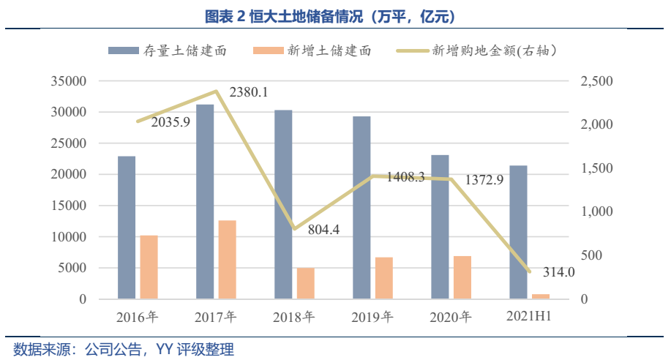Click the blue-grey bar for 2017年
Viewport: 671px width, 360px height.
click(x=205, y=201)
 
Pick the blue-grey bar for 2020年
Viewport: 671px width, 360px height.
click(x=440, y=227)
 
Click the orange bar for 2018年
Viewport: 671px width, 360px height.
click(x=306, y=282)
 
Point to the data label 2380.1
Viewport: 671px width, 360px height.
click(x=249, y=93)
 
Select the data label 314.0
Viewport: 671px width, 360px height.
click(x=559, y=272)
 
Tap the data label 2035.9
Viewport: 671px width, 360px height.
click(x=170, y=122)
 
